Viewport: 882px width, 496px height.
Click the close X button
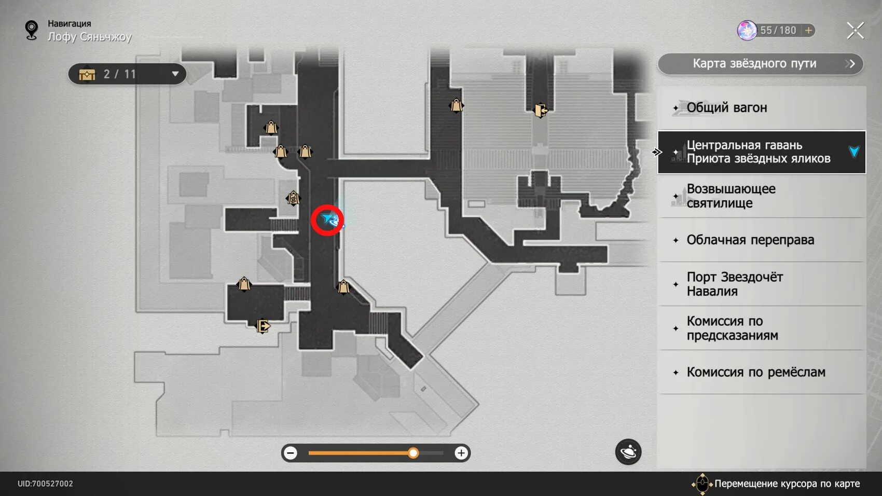point(855,31)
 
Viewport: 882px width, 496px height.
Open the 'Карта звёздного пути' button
point(760,64)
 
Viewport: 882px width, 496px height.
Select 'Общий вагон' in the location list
point(761,108)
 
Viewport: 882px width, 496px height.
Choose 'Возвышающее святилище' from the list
point(761,196)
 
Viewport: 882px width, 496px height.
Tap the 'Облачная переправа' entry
point(761,240)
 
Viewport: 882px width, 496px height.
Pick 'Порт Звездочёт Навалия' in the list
point(761,284)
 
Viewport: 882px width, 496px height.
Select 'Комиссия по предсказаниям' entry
point(761,328)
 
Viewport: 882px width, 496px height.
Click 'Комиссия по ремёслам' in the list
point(761,372)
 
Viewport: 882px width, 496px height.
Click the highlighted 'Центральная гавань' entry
point(761,152)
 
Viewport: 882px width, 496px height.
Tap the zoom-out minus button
point(291,453)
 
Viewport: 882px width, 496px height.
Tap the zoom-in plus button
point(461,453)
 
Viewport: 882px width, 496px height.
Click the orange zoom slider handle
point(413,453)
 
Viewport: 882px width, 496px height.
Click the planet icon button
point(628,452)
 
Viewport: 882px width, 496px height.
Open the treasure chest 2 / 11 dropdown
point(128,74)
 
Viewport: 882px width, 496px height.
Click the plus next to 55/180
point(808,31)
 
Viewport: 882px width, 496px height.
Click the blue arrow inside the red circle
point(328,220)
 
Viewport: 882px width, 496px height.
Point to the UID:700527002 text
point(45,484)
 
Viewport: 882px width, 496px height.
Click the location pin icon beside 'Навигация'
point(32,30)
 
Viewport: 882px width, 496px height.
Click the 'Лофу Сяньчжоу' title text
point(90,37)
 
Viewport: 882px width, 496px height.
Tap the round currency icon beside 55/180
point(747,31)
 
